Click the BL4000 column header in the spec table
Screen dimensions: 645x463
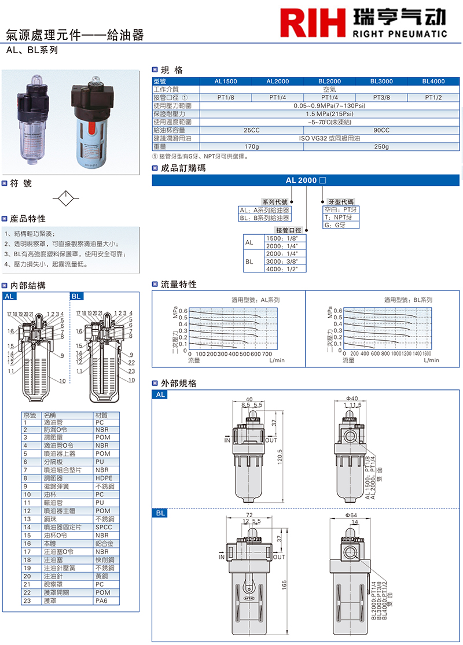click(x=433, y=82)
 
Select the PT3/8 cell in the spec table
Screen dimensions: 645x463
click(x=381, y=98)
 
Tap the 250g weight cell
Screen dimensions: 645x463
click(x=381, y=147)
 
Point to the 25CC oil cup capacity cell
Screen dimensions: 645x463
click(x=252, y=131)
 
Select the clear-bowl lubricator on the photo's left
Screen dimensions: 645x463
click(x=34, y=122)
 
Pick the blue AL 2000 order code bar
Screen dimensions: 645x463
click(x=305, y=180)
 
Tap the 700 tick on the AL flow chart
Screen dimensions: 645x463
click(x=266, y=354)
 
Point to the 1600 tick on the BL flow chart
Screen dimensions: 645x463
click(x=427, y=354)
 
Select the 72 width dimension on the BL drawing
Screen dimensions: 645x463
click(x=249, y=514)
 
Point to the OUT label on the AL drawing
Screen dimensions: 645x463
click(x=271, y=440)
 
